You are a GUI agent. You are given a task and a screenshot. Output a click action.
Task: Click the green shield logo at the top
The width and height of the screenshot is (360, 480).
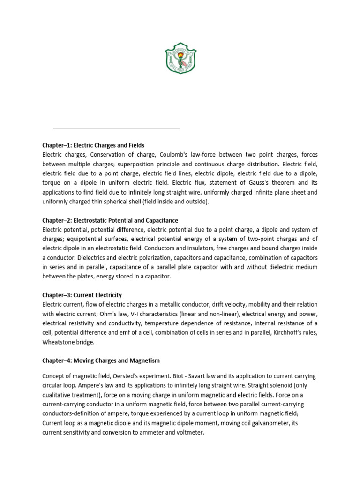(x=180, y=58)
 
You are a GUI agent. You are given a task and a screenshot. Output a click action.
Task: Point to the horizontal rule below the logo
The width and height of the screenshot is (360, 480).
(x=116, y=127)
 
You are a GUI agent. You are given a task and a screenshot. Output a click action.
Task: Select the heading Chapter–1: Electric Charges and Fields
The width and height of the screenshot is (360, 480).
(x=93, y=145)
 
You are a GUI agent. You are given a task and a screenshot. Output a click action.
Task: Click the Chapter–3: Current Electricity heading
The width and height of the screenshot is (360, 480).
(x=82, y=295)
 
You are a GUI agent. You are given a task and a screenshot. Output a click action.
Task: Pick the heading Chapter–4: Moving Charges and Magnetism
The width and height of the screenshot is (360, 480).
(x=101, y=360)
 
